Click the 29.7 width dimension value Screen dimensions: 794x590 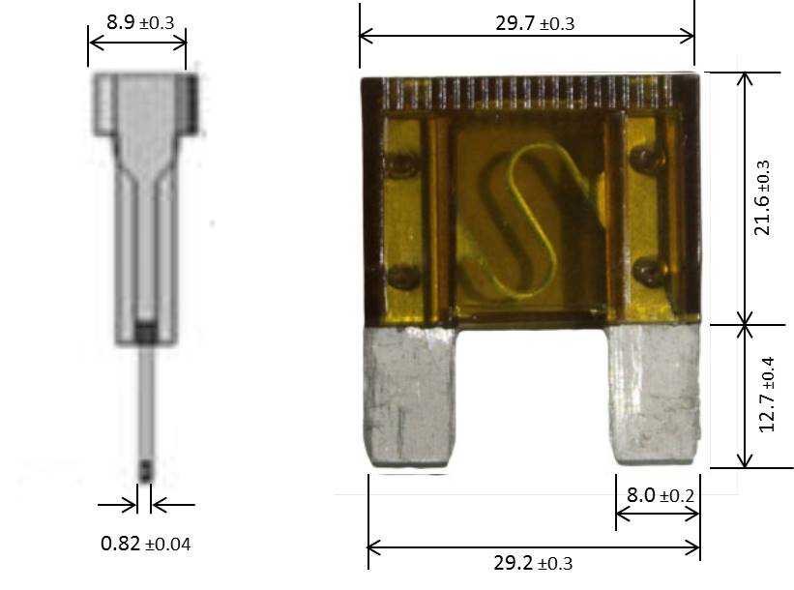tap(515, 23)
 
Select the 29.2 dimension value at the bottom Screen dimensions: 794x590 tap(513, 563)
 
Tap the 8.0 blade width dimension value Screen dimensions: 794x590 tap(641, 495)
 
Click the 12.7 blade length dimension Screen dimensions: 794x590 tap(767, 413)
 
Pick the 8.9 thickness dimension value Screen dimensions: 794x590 tap(121, 22)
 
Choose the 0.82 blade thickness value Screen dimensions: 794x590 tap(121, 544)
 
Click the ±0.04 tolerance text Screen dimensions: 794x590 tap(168, 545)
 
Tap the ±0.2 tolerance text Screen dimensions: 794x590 tap(677, 496)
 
